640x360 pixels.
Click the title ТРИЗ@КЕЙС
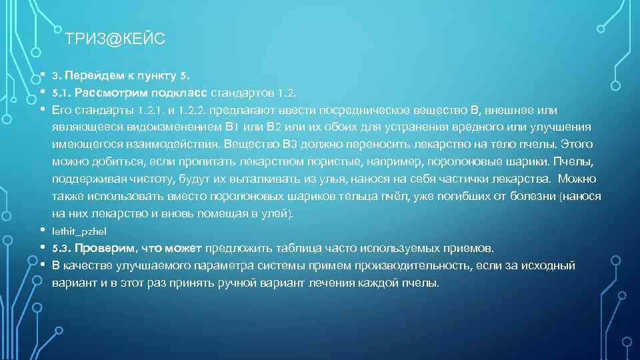coord(115,40)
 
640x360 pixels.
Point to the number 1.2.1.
coord(153,109)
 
